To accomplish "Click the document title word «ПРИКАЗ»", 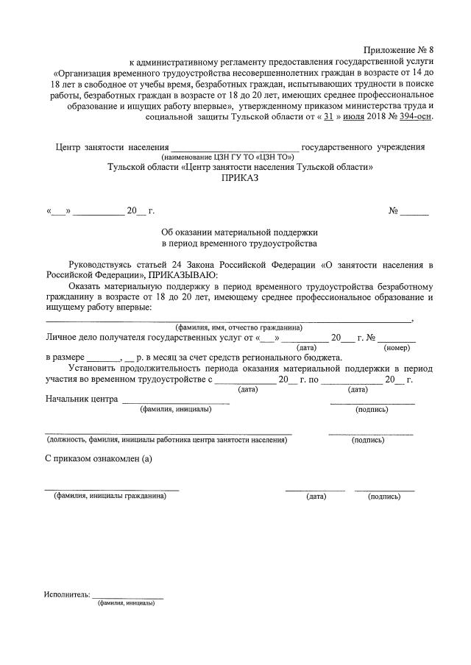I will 240,179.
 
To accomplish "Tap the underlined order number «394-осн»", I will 415,116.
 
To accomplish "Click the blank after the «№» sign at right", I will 414,213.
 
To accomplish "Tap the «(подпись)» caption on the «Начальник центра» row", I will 372,409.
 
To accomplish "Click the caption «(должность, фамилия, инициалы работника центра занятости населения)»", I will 166,440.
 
